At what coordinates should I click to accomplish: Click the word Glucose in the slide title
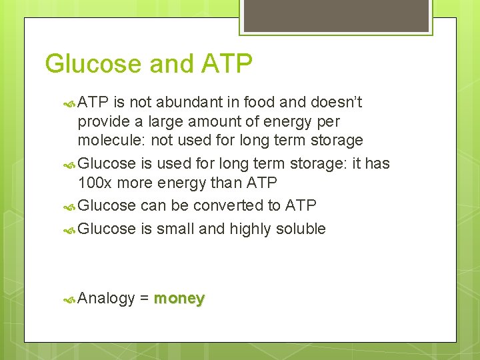pyautogui.click(x=93, y=64)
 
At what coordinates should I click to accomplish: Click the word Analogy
pyautogui.click(x=107, y=299)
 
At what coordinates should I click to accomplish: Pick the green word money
pyautogui.click(x=179, y=298)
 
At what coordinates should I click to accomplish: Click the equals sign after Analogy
pyautogui.click(x=145, y=298)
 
